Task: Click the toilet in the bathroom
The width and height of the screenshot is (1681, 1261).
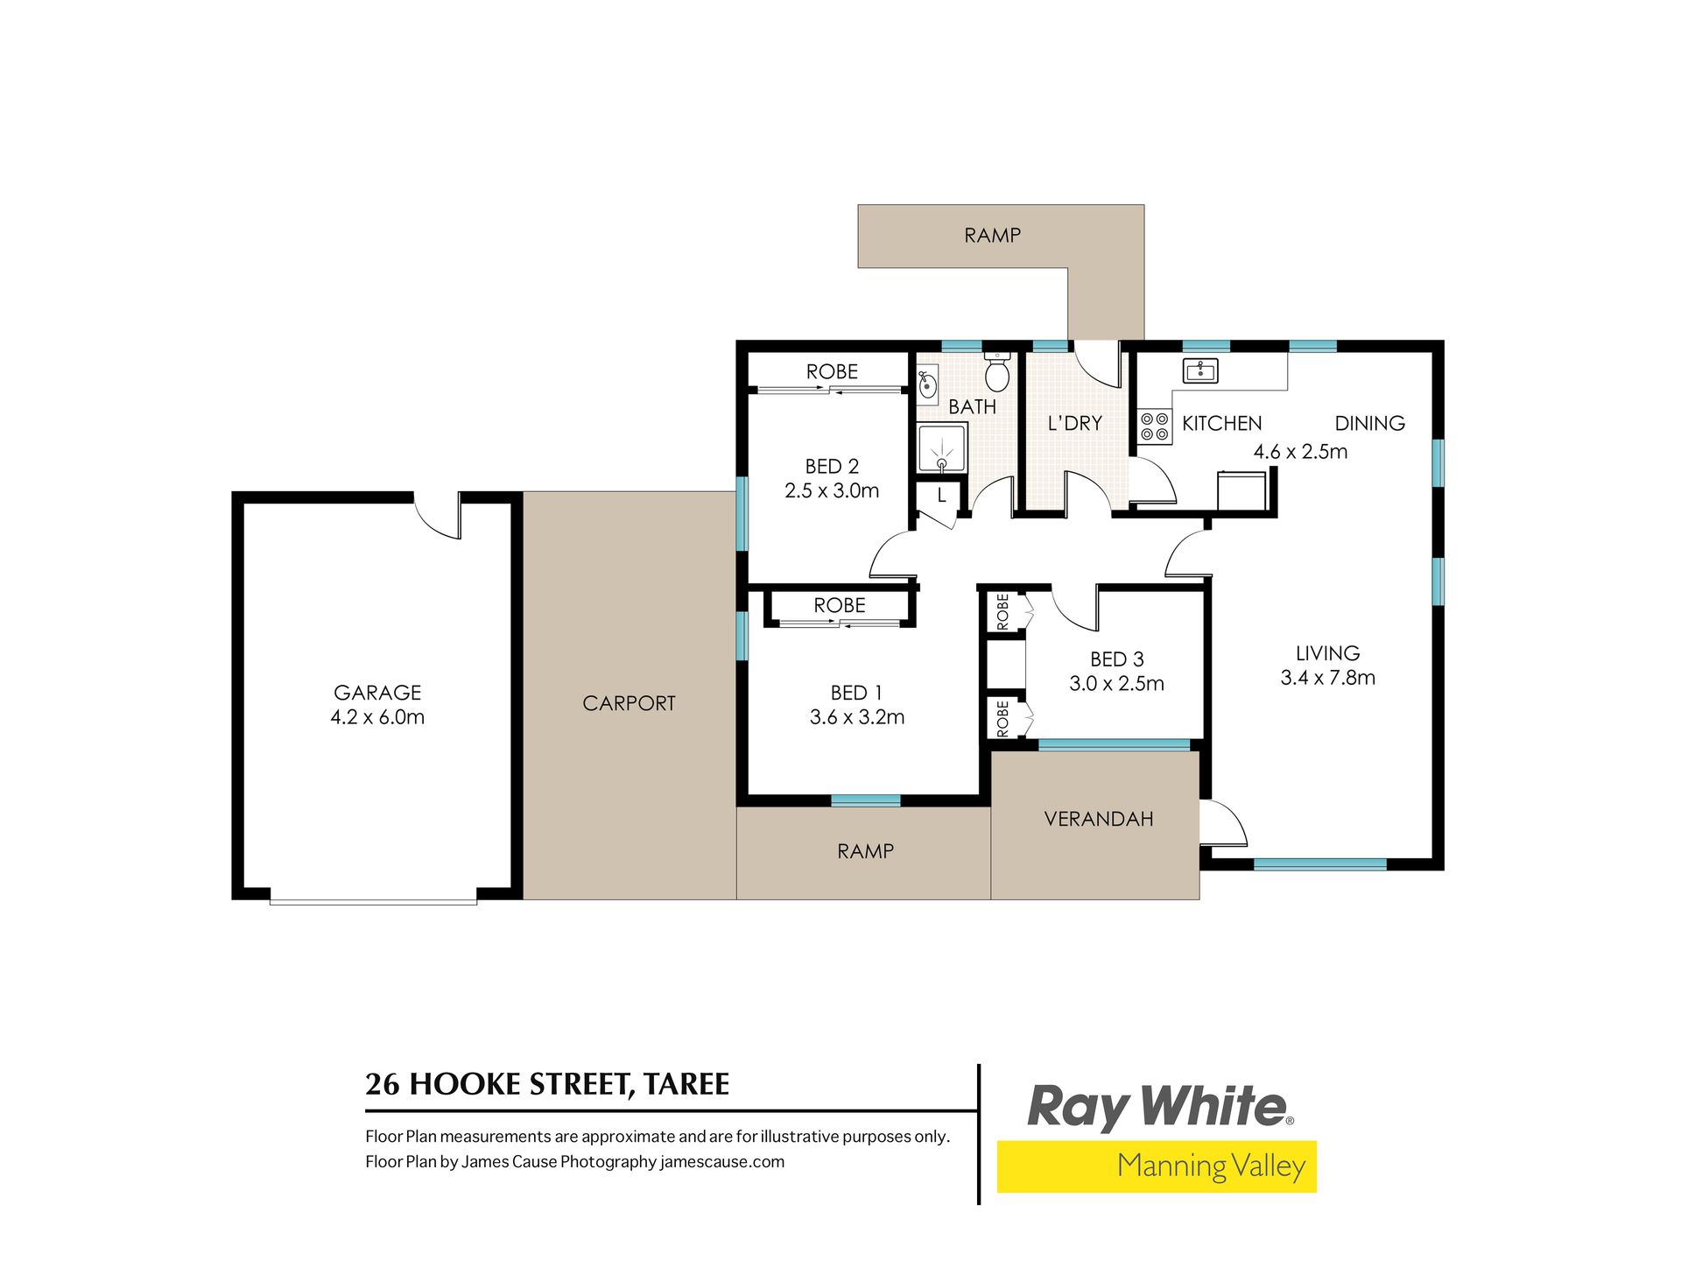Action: (996, 371)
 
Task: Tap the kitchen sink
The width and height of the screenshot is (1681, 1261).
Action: (1200, 370)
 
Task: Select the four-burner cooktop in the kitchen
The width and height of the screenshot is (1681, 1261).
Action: (1155, 426)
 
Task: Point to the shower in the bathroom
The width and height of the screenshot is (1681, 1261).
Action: (942, 448)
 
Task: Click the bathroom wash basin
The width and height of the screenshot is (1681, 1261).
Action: (927, 384)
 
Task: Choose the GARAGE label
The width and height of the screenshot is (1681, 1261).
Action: (377, 693)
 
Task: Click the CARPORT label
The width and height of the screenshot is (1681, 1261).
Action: (629, 703)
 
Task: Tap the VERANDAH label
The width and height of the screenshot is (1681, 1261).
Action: (1099, 819)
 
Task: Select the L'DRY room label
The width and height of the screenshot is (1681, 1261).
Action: (1075, 423)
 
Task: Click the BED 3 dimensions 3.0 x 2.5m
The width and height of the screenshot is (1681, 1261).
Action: (1116, 684)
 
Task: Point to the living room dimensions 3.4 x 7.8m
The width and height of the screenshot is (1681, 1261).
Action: (1327, 678)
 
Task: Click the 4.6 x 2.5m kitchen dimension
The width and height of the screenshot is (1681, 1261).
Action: (1300, 452)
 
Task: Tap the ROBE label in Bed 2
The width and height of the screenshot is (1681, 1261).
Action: (832, 371)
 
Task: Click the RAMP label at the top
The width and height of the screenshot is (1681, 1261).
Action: (992, 236)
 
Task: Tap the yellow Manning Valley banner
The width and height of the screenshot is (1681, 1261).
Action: (1157, 1166)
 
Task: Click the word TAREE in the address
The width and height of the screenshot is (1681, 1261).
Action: (686, 1084)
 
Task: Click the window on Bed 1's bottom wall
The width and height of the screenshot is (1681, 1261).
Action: (865, 800)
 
